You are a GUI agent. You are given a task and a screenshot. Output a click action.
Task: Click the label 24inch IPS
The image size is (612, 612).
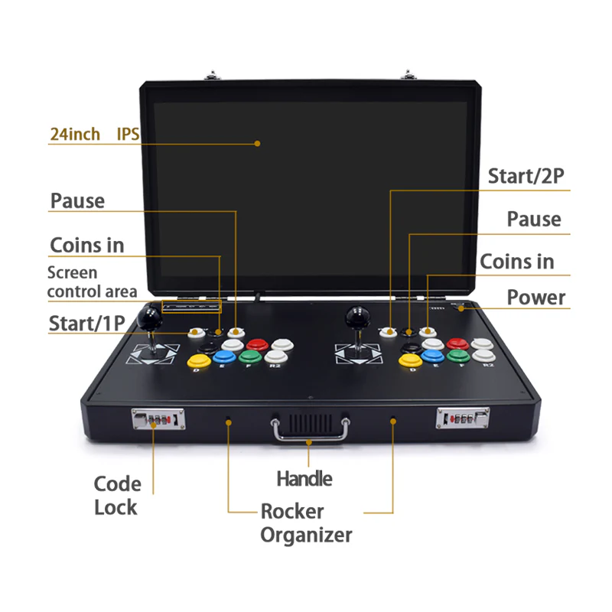pos(94,134)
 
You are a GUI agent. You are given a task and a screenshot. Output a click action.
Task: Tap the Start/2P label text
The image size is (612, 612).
pos(526,176)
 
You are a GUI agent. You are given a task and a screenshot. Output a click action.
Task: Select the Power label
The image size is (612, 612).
pos(536,298)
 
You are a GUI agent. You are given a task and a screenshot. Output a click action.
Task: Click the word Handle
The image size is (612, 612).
pos(304,479)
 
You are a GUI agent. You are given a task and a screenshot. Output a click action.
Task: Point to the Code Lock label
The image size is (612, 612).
pos(117,496)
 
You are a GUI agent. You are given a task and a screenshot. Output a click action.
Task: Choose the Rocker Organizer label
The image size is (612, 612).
pos(306,523)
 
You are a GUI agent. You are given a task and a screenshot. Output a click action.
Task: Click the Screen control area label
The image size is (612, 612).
pos(92,282)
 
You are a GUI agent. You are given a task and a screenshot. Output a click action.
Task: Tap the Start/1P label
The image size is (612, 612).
pos(86,323)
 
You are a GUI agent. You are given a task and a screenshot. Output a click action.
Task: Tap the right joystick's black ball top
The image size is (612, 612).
pos(357,317)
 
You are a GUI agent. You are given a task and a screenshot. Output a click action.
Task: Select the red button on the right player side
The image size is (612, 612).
pos(457,343)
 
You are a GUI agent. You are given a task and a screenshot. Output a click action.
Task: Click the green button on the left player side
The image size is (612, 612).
pos(250,356)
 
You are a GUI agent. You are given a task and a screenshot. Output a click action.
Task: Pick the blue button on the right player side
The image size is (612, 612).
pos(432,356)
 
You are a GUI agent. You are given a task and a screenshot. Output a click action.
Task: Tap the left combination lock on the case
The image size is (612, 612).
pos(158,418)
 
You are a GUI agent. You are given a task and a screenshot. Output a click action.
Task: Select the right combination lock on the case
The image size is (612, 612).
pos(463,418)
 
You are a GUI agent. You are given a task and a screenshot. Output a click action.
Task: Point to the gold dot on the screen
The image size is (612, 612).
pos(257,144)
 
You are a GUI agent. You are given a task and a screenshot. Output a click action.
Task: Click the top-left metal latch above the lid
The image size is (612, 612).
pos(213,75)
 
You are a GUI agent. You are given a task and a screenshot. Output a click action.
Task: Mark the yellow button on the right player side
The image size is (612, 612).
pos(410,360)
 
